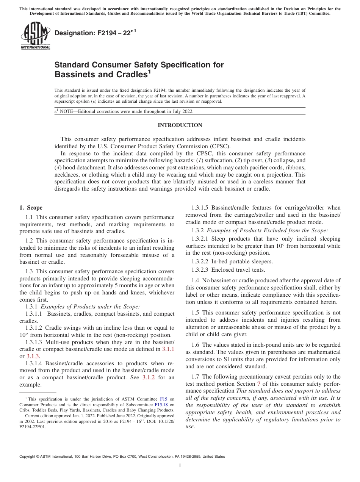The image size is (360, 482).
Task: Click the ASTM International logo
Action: [x=35, y=36]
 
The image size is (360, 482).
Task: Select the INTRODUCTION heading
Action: [x=180, y=125]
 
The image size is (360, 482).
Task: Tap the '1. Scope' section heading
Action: [x=31, y=208]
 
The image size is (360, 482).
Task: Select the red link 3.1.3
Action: [x=33, y=356]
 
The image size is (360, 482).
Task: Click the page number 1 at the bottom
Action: [x=180, y=466]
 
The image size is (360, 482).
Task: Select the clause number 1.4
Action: [x=196, y=280]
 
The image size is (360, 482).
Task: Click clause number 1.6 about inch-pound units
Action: [x=196, y=344]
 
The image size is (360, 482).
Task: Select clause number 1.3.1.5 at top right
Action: [x=201, y=208]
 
